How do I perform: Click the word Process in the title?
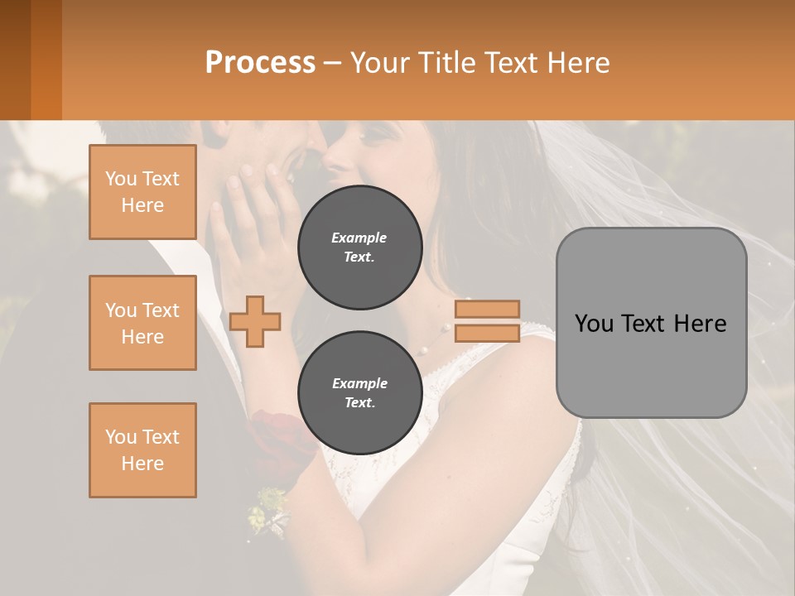click(260, 63)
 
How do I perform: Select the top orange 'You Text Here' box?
click(142, 192)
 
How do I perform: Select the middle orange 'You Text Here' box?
click(142, 323)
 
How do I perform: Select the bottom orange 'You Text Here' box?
click(142, 450)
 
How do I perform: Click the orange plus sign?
click(255, 321)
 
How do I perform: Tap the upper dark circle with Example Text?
click(359, 247)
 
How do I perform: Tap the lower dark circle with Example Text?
click(359, 392)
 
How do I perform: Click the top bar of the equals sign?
click(487, 309)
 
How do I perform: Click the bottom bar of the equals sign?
click(487, 333)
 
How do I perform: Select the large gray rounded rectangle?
click(651, 372)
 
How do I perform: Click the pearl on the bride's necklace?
click(422, 350)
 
